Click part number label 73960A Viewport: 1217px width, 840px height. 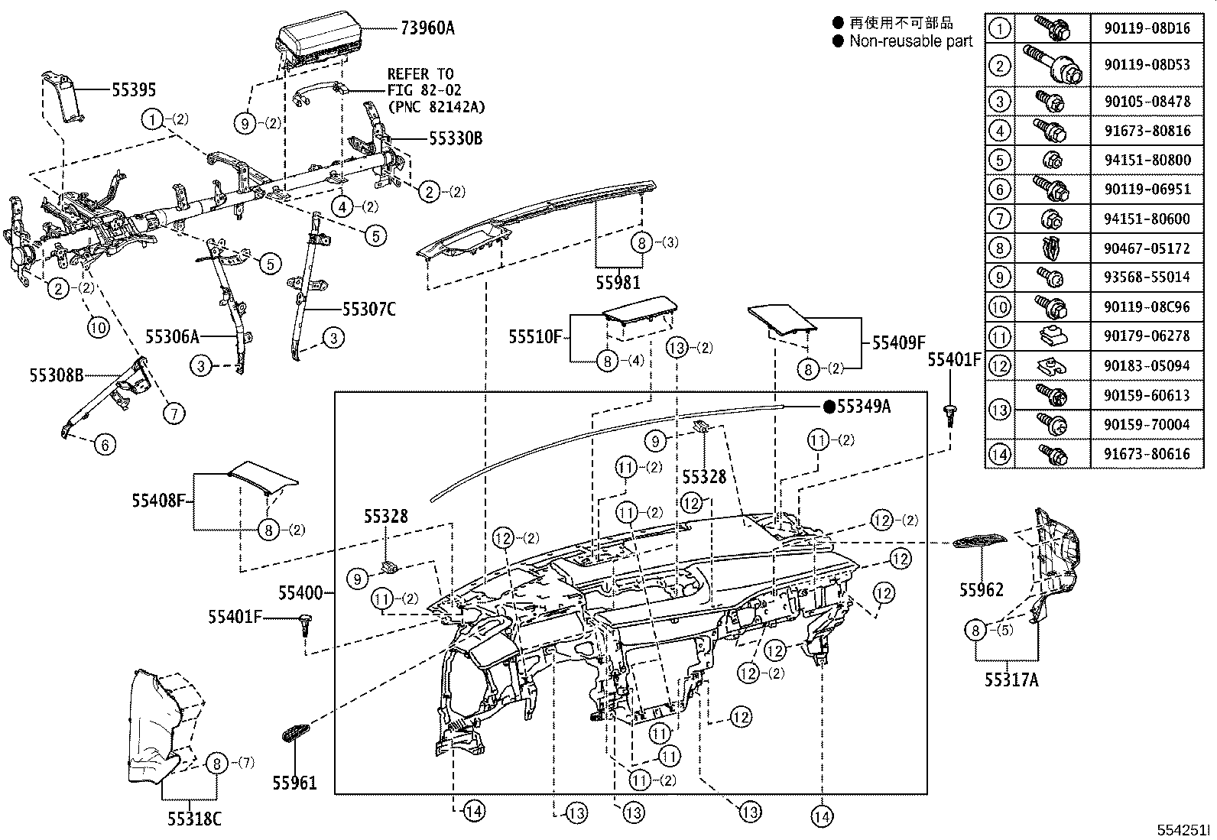(x=427, y=28)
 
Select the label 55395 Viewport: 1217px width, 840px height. (x=134, y=90)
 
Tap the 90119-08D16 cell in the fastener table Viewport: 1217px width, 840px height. (x=1147, y=29)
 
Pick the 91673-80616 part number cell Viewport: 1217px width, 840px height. (x=1147, y=454)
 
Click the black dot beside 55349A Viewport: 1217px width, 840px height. (x=829, y=407)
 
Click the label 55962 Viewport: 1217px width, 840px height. (x=982, y=589)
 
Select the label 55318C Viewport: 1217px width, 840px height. (x=194, y=819)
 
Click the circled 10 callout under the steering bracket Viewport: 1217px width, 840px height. (x=98, y=327)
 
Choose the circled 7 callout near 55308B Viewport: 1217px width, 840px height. (x=174, y=414)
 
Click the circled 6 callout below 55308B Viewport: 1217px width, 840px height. (x=105, y=444)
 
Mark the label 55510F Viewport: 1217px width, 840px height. (x=535, y=336)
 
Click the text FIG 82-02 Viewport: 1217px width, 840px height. (x=424, y=90)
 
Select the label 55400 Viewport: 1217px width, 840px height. (x=299, y=592)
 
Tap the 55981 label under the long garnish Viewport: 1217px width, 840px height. (x=618, y=283)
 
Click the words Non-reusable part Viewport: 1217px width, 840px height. (x=910, y=41)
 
